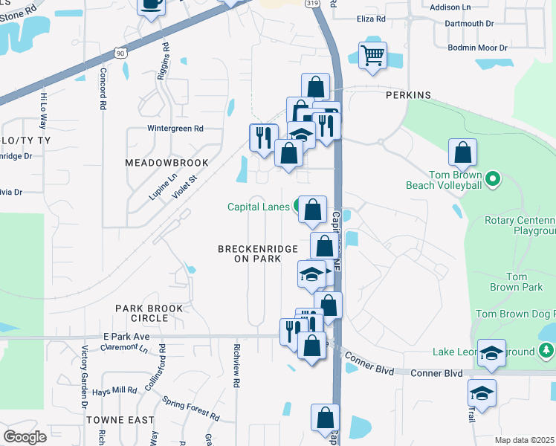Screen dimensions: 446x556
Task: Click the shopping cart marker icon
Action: click(x=372, y=54)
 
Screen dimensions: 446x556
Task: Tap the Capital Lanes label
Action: click(x=259, y=207)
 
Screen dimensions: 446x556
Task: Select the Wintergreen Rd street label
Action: click(x=175, y=128)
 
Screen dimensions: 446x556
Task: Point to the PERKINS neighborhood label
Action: click(x=408, y=96)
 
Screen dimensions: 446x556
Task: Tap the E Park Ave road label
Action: click(x=127, y=336)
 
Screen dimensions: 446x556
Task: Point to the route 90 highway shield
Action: click(x=121, y=53)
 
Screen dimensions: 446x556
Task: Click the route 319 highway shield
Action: click(x=311, y=3)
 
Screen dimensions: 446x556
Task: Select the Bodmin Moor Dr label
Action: click(x=477, y=48)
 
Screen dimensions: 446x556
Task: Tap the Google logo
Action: click(x=25, y=437)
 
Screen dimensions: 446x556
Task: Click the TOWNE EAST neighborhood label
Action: click(x=114, y=420)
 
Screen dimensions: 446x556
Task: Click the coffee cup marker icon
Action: click(x=151, y=4)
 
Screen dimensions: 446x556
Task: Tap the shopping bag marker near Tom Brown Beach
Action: click(x=462, y=153)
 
